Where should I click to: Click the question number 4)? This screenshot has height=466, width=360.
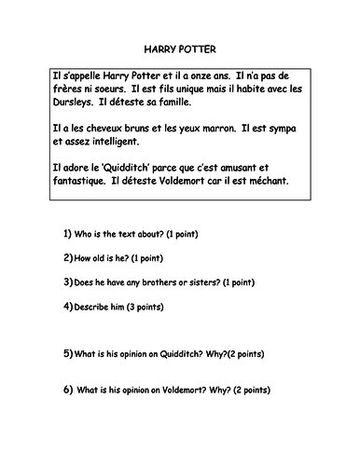point(68,305)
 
